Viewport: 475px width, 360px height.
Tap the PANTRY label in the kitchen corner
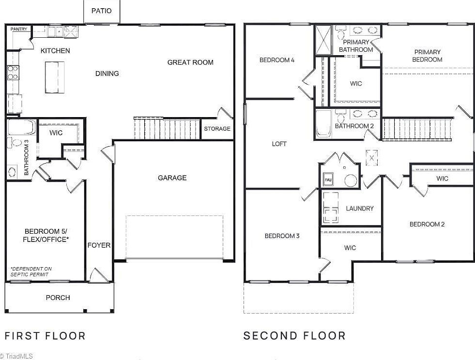point(18,29)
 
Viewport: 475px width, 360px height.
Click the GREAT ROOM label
point(190,62)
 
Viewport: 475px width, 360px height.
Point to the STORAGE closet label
point(217,129)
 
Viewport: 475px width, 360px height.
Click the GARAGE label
point(172,178)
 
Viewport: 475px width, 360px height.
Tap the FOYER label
point(99,245)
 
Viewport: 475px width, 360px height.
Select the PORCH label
point(58,298)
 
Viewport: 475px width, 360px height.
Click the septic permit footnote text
point(31,272)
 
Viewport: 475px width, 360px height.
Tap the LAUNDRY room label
point(359,209)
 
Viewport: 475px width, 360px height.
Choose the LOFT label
point(279,144)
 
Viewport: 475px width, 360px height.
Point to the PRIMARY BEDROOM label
point(427,56)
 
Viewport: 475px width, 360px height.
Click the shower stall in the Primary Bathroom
point(322,41)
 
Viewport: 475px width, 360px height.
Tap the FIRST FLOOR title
point(45,336)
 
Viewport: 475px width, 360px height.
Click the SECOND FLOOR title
point(294,336)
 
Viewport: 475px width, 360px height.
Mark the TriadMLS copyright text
point(16,356)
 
